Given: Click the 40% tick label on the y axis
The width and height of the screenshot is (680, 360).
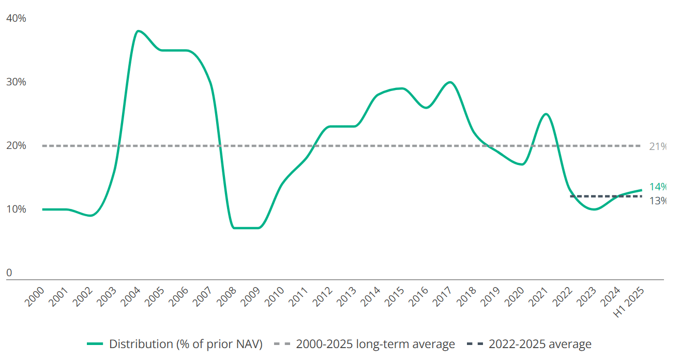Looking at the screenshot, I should click(16, 19).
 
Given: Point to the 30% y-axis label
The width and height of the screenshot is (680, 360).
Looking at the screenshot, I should click(16, 82).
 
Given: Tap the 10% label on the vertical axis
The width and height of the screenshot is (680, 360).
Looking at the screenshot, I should click(16, 209).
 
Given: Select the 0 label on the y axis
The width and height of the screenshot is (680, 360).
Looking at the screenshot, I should click(9, 273).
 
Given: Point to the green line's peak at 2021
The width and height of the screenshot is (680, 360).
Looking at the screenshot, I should click(545, 114).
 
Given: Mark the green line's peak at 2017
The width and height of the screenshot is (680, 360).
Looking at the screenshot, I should click(449, 82).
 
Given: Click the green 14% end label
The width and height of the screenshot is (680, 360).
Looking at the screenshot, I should click(657, 187).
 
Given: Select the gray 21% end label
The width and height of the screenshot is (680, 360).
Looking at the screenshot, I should click(657, 146).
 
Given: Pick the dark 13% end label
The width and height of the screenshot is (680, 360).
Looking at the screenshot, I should click(657, 201).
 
